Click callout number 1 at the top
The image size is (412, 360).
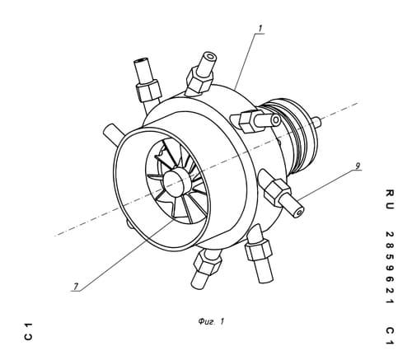pyautogui.click(x=260, y=28)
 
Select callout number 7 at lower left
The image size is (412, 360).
pyautogui.click(x=75, y=287)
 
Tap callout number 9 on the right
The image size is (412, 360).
pyautogui.click(x=358, y=166)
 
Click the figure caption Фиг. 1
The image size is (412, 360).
pyautogui.click(x=211, y=321)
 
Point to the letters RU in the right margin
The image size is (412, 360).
pyautogui.click(x=390, y=199)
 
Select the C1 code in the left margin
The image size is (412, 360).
pyautogui.click(x=28, y=331)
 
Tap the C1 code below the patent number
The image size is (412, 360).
pyautogui.click(x=390, y=335)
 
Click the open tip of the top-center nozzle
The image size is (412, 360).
pyautogui.click(x=211, y=57)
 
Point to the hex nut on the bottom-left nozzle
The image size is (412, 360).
pyautogui.click(x=207, y=264)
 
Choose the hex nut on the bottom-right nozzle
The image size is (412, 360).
pyautogui.click(x=259, y=250)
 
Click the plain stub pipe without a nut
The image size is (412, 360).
pyautogui.click(x=113, y=133)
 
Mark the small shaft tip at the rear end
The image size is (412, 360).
pyautogui.click(x=316, y=121)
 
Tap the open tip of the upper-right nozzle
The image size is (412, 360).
pyautogui.click(x=276, y=120)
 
